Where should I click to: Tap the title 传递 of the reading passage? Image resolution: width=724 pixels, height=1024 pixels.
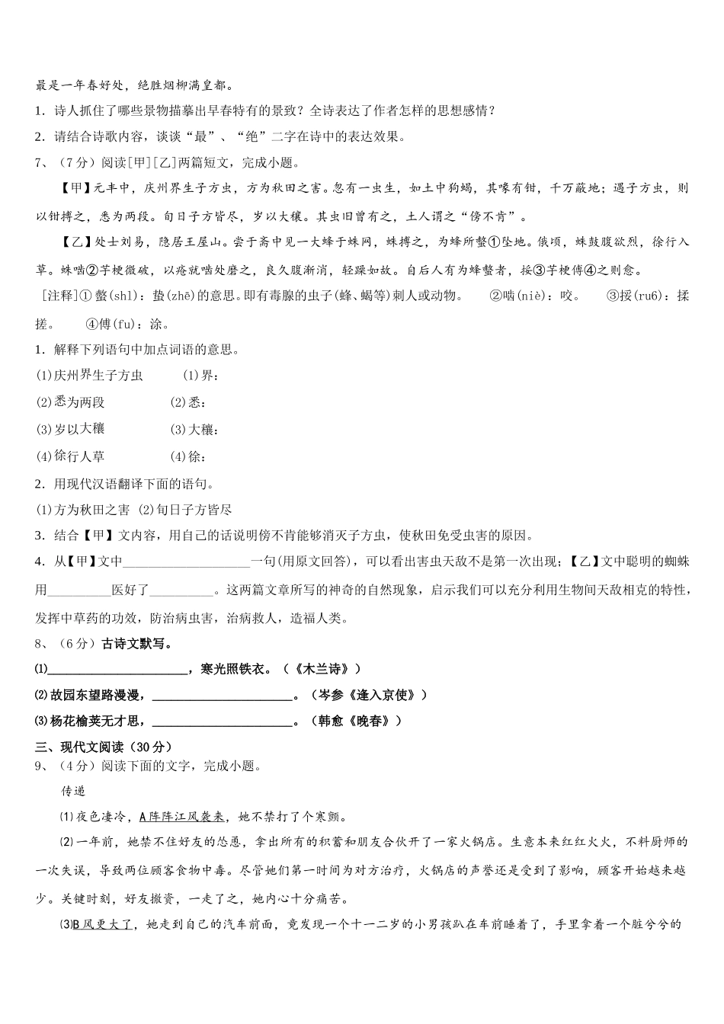pos(74,792)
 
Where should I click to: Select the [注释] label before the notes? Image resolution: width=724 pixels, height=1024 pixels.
pos(55,296)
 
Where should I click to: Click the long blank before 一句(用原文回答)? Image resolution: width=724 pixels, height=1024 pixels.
pos(186,562)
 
